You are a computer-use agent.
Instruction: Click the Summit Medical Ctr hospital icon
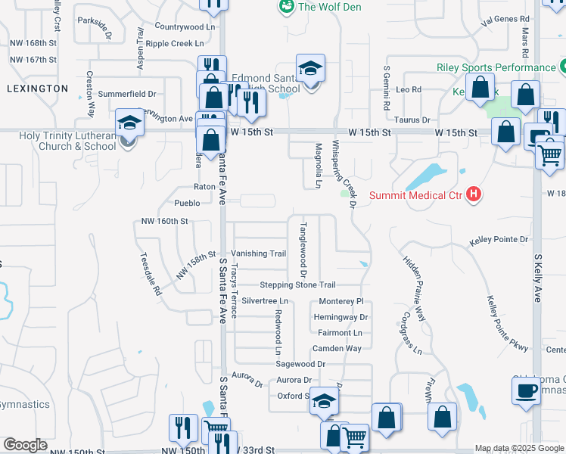[474, 195]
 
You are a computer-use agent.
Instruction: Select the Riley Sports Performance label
[496, 67]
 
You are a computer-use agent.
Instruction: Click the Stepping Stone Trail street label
[297, 285]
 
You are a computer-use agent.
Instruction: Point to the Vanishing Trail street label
[259, 253]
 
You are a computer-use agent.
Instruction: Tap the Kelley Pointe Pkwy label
[507, 324]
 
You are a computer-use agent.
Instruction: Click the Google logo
[25, 445]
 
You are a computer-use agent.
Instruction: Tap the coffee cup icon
[525, 390]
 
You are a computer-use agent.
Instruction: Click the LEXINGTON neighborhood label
[37, 89]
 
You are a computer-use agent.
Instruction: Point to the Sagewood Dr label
[300, 364]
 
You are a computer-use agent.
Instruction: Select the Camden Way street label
[337, 349]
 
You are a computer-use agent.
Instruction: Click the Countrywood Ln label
[185, 26]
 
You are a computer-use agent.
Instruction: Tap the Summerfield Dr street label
[127, 95]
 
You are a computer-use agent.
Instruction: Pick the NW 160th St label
[164, 221]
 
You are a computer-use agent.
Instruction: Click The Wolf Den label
[330, 8]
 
